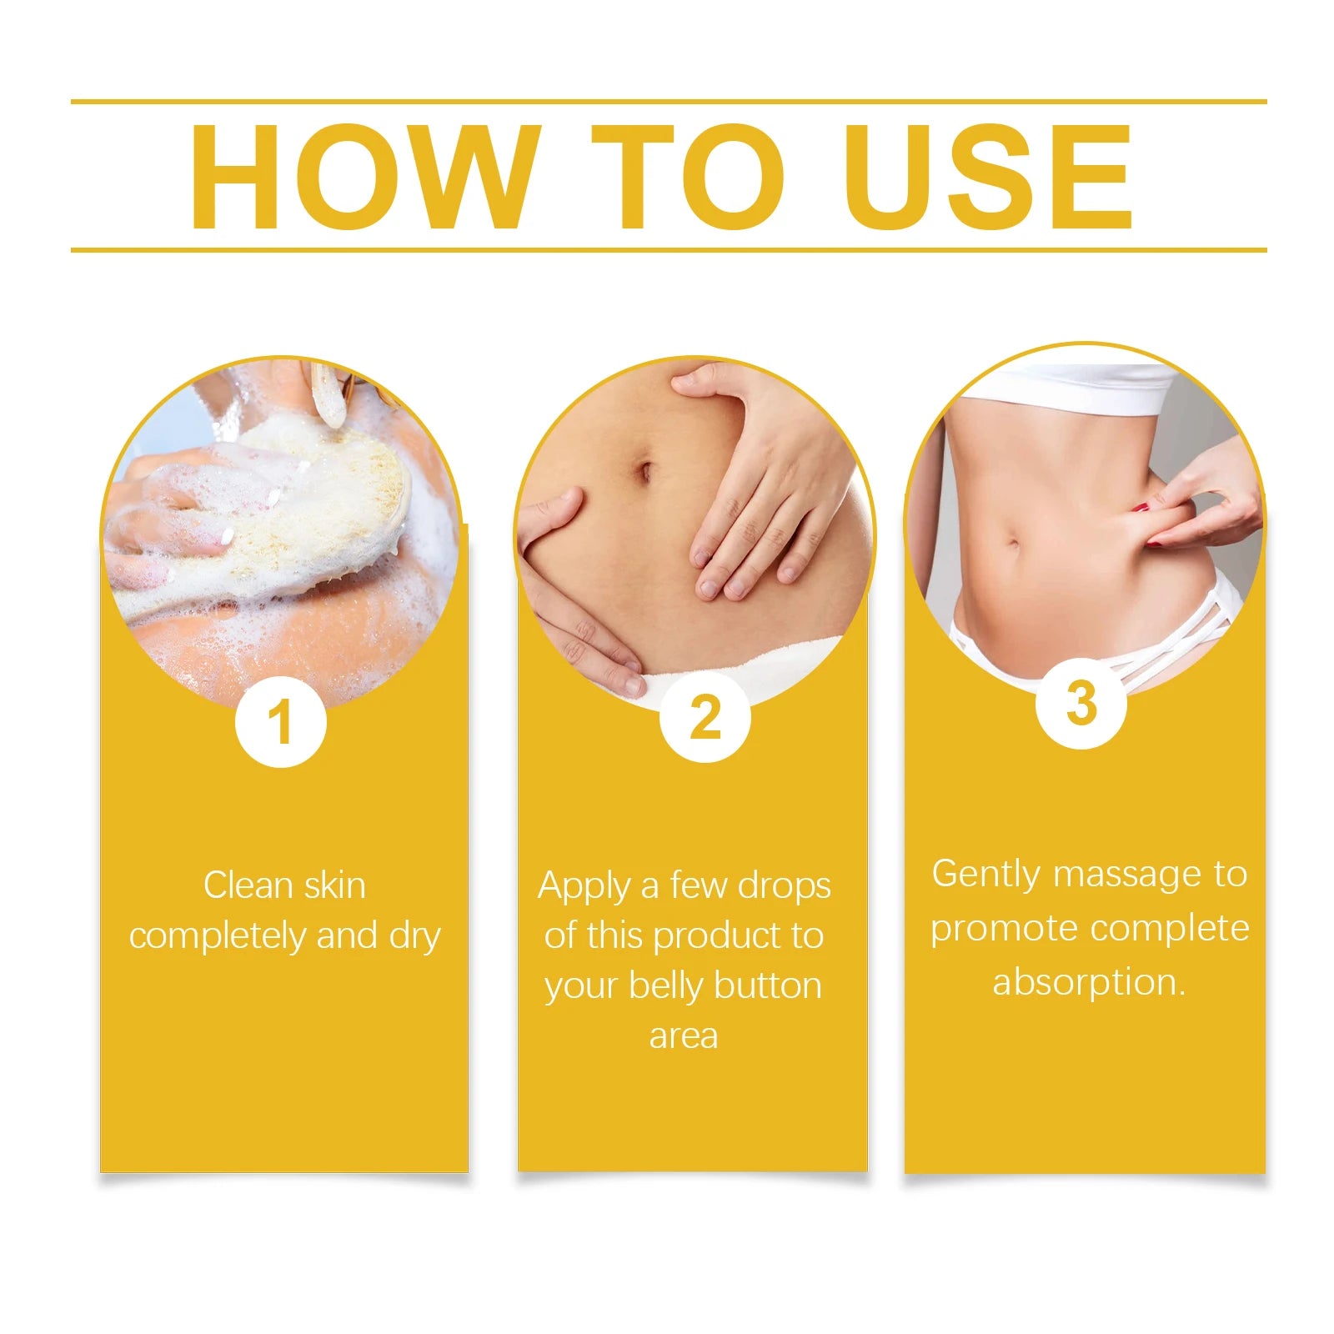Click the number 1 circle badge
pyautogui.click(x=280, y=722)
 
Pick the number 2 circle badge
pyautogui.click(x=705, y=717)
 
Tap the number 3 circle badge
pyautogui.click(x=1081, y=704)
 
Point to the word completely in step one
pyautogui.click(x=218, y=936)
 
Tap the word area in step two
pyautogui.click(x=684, y=1036)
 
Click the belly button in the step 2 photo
pyautogui.click(x=644, y=473)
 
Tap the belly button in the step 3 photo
pyautogui.click(x=1015, y=546)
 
